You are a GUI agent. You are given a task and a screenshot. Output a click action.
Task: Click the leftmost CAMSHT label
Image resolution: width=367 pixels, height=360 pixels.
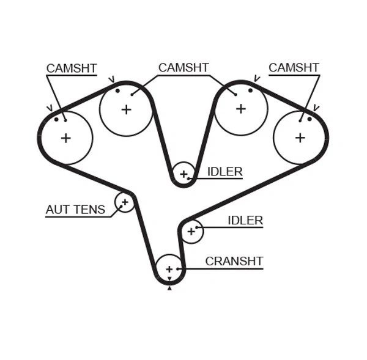pyautogui.click(x=72, y=68)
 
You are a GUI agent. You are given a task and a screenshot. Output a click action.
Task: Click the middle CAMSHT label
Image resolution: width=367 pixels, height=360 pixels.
pyautogui.click(x=183, y=68)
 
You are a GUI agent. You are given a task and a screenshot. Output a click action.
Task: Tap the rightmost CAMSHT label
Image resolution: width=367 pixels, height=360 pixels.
pyautogui.click(x=294, y=68)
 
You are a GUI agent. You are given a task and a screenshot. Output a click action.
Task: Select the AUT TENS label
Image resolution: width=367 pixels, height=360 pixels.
pyautogui.click(x=75, y=210)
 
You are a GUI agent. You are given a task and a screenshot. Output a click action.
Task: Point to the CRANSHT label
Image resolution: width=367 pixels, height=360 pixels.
pyautogui.click(x=234, y=262)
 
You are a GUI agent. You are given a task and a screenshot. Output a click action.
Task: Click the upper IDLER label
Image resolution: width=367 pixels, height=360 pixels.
pyautogui.click(x=224, y=172)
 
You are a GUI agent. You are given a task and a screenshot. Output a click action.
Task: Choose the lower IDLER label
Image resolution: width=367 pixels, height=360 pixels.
pyautogui.click(x=245, y=221)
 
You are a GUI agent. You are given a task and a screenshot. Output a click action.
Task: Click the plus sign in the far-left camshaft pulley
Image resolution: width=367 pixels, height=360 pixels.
pyautogui.click(x=65, y=138)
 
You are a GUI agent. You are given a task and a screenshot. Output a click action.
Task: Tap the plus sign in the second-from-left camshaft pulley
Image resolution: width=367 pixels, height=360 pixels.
pyautogui.click(x=126, y=109)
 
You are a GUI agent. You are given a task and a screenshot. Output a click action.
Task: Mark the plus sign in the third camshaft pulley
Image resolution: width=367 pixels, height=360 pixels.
pyautogui.click(x=240, y=109)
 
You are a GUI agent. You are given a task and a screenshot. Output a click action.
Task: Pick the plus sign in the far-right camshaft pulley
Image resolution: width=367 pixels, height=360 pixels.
pyautogui.click(x=300, y=138)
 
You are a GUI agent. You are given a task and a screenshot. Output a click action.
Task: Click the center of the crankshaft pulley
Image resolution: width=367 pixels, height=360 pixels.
pyautogui.click(x=169, y=269)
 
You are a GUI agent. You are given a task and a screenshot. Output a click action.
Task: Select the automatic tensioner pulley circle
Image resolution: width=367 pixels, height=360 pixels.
pyautogui.click(x=125, y=202)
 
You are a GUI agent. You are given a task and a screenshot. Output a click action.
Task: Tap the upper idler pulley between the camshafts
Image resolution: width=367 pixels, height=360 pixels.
pyautogui.click(x=183, y=174)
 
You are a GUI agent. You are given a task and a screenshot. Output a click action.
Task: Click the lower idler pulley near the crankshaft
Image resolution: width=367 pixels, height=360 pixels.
pyautogui.click(x=191, y=231)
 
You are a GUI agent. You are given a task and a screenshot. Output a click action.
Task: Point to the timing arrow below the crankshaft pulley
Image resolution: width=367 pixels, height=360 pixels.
pyautogui.click(x=169, y=288)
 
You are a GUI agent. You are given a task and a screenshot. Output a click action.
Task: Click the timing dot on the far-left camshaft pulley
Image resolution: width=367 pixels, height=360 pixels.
pyautogui.click(x=56, y=119)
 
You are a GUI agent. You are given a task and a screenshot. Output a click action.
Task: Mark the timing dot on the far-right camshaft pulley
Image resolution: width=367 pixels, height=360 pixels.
pyautogui.click(x=310, y=119)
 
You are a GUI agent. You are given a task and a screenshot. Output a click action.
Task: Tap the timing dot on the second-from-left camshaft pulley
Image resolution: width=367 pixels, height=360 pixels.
pyautogui.click(x=117, y=91)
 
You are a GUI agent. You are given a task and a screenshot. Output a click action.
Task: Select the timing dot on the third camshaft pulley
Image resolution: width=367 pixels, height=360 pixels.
pyautogui.click(x=250, y=90)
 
